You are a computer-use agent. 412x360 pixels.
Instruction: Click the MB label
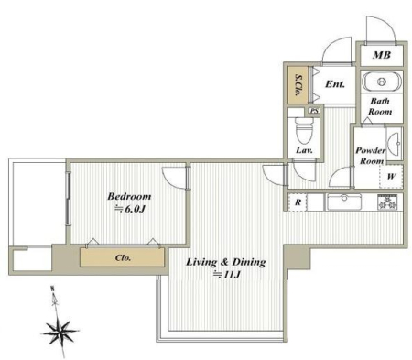coord(382,55)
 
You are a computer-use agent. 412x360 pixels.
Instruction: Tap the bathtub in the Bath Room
coord(381,82)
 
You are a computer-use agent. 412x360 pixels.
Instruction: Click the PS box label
coord(314,111)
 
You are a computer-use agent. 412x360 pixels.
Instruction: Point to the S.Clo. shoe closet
coord(298,85)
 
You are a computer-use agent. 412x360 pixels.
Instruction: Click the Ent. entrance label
coord(335,83)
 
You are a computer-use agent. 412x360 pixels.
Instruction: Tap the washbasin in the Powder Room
coord(395,144)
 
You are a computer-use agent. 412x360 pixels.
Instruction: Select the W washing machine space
coord(391,176)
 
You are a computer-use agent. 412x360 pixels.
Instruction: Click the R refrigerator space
coord(298,202)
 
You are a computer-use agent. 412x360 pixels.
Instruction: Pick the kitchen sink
coord(344,202)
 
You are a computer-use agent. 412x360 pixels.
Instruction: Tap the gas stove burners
coord(388,202)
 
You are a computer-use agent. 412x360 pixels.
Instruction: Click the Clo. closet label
coord(124,257)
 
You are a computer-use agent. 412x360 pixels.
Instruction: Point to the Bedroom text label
coord(129,196)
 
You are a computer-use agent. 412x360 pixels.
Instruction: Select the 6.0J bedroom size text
coord(129,209)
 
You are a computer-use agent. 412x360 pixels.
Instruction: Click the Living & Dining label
coord(226,262)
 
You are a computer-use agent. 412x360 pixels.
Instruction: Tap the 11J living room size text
coord(227,275)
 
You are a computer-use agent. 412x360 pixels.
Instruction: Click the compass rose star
coord(60,332)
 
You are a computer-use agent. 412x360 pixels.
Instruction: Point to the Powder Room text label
coord(371,156)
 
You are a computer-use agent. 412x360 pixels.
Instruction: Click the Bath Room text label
coord(380,106)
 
